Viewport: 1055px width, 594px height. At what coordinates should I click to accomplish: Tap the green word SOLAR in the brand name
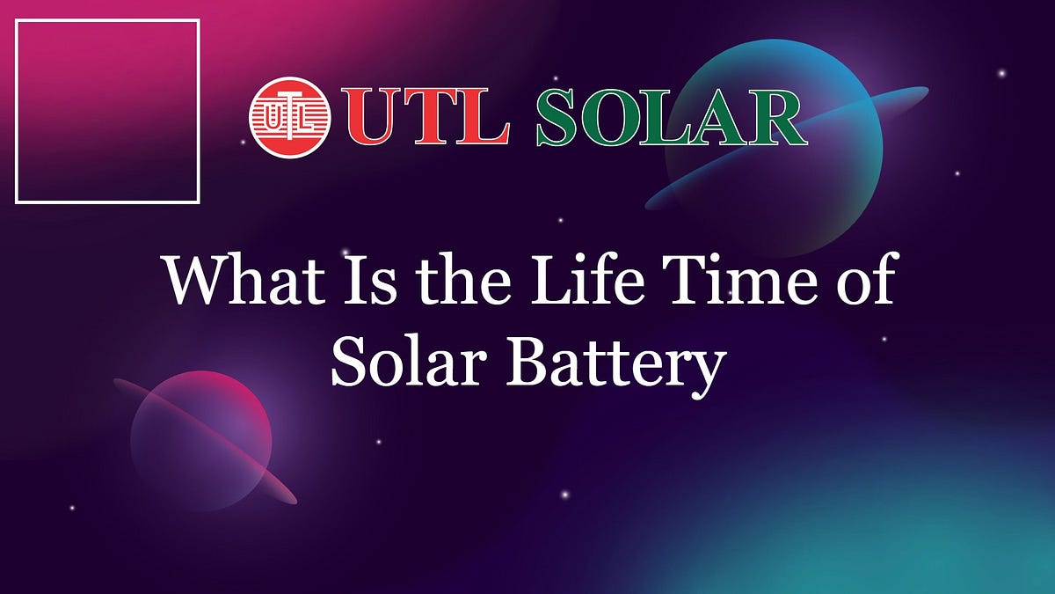click(x=671, y=118)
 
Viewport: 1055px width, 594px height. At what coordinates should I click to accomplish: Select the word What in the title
click(x=230, y=279)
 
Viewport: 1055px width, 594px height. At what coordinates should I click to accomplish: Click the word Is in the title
click(x=341, y=279)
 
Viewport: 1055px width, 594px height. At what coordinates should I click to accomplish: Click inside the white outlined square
click(x=107, y=111)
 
